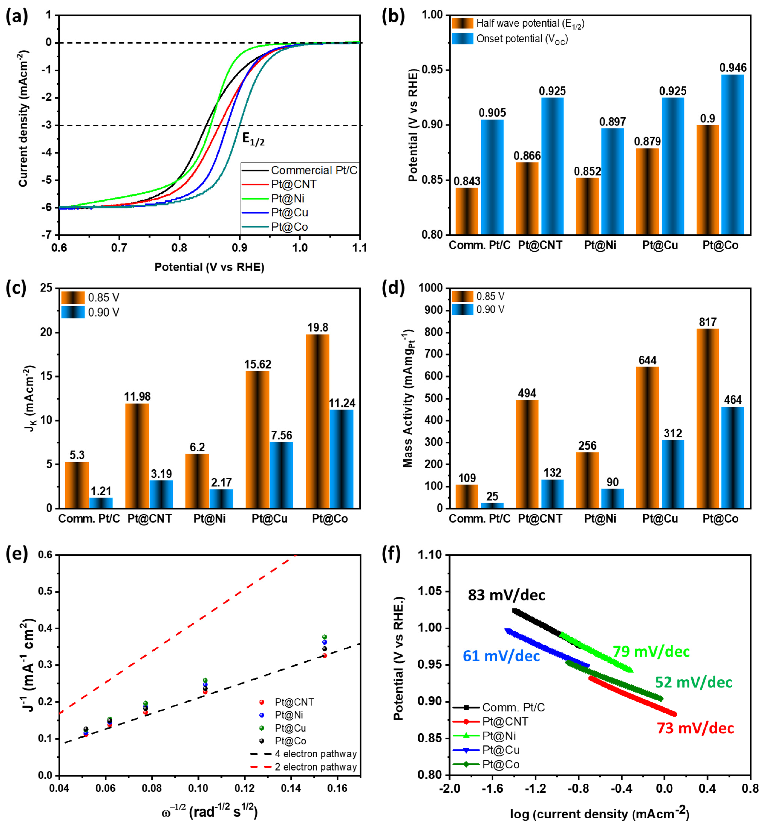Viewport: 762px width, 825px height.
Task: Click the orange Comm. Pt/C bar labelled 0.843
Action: [467, 211]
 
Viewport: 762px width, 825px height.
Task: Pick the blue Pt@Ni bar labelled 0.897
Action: [612, 181]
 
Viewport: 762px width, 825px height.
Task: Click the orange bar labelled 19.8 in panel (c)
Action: [317, 421]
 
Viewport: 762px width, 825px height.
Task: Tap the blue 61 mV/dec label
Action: [501, 656]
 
